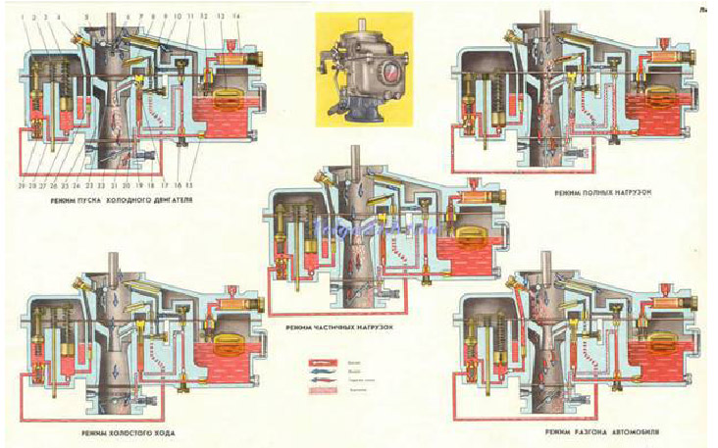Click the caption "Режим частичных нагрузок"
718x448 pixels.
(335, 327)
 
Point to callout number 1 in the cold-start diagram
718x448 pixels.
(22, 17)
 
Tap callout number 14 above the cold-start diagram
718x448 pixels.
(234, 17)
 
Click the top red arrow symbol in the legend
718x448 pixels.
(323, 361)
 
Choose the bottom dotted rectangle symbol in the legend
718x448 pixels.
(323, 389)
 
